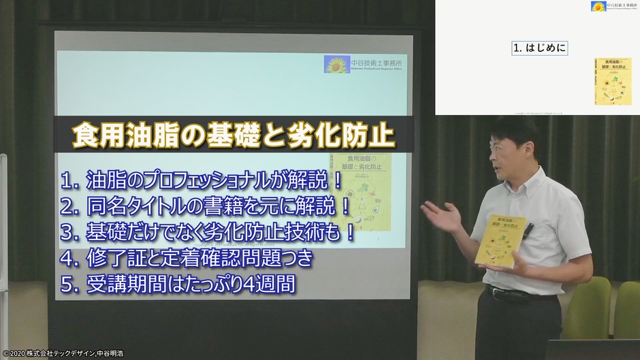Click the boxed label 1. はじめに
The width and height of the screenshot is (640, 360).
[539, 48]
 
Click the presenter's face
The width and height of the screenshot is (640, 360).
[507, 157]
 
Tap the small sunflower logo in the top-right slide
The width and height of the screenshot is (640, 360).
[598, 7]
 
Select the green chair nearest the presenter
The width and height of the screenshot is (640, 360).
[590, 306]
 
